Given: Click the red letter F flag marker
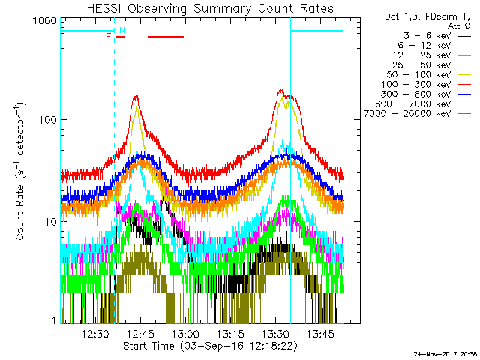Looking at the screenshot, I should (x=109, y=36).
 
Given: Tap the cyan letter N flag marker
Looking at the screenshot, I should (x=121, y=30).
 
